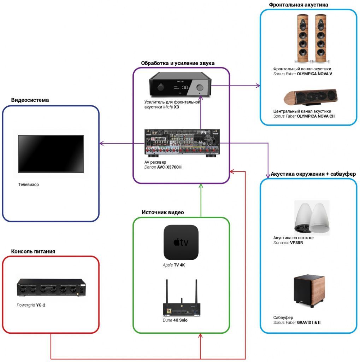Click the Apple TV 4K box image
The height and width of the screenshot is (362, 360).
(181, 243)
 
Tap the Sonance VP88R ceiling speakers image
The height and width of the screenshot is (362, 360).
(312, 217)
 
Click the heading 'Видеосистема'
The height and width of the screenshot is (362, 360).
(30, 100)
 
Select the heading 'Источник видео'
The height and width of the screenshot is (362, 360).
(163, 212)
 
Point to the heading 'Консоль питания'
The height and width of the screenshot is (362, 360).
(33, 251)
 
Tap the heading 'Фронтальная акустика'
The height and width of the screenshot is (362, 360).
(299, 5)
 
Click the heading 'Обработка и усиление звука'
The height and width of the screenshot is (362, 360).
(178, 63)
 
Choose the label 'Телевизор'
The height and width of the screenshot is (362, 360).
(29, 185)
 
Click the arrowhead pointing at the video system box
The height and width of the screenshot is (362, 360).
(101, 143)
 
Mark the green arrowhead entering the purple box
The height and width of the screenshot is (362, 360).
(201, 186)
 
